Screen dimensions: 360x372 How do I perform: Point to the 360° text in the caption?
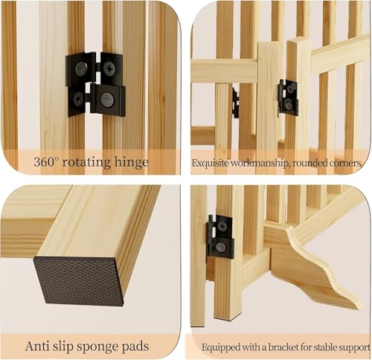49,161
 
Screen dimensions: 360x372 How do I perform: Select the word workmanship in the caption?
258,162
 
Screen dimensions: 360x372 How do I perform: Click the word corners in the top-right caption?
347,162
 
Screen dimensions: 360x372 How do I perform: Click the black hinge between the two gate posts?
288,97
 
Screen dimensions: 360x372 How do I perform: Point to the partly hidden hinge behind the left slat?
235,103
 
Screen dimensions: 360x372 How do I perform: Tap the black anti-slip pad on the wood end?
79,280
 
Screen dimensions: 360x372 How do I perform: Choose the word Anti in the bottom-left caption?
38,346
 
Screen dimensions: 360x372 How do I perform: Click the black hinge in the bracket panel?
220,237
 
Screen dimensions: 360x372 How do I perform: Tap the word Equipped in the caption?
222,347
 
